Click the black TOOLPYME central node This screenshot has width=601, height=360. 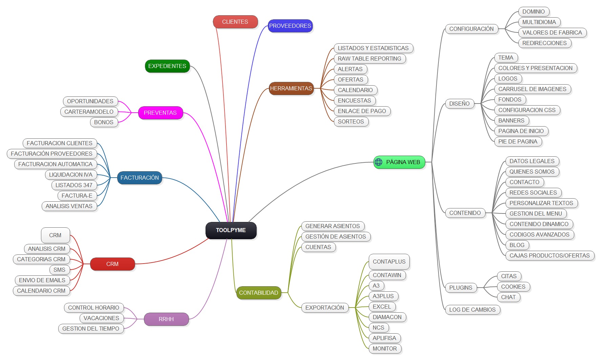[x=231, y=230]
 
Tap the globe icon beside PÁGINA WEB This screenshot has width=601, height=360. [x=379, y=162]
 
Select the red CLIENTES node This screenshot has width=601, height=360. [x=235, y=22]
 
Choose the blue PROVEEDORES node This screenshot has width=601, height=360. [x=290, y=26]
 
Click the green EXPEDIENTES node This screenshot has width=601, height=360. [x=167, y=66]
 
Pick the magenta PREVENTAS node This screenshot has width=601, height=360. [x=160, y=113]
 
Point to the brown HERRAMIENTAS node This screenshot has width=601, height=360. [x=291, y=88]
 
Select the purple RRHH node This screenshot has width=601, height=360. [x=166, y=319]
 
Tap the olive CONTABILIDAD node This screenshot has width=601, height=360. [x=258, y=293]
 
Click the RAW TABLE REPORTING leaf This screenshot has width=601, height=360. [x=369, y=59]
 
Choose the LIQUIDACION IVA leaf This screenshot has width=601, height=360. [x=70, y=175]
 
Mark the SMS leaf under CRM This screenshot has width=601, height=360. [x=59, y=270]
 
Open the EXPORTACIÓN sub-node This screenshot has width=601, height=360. [x=324, y=308]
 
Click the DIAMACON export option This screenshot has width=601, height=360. [x=387, y=317]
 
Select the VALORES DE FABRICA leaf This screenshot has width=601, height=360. [x=552, y=32]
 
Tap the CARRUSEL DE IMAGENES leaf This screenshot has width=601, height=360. [x=532, y=89]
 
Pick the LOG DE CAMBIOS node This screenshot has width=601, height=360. [x=472, y=310]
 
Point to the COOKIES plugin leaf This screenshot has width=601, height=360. [x=513, y=287]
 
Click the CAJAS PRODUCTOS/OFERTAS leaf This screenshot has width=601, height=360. [x=550, y=255]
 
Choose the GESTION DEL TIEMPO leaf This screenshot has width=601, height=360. [x=91, y=329]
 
